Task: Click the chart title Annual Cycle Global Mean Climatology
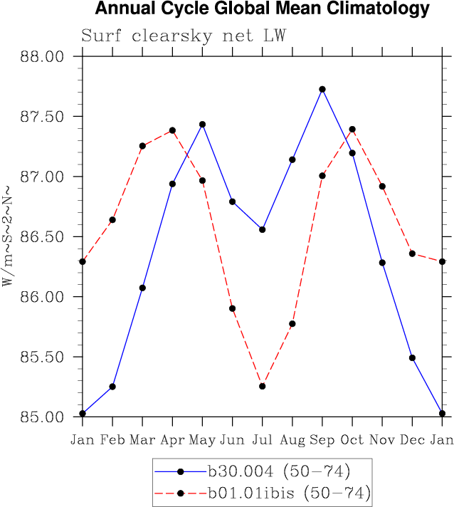[262, 9]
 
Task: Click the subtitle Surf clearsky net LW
[183, 36]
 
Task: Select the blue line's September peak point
[322, 89]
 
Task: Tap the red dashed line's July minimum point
[263, 386]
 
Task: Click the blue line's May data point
[202, 125]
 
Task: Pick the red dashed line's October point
[352, 130]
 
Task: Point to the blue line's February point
[112, 387]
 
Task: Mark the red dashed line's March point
[142, 146]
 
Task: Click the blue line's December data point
[412, 358]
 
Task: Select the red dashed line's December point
[412, 254]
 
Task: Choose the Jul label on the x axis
[263, 439]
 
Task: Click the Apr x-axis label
[172, 440]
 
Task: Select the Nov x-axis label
[382, 439]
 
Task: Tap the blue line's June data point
[232, 202]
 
